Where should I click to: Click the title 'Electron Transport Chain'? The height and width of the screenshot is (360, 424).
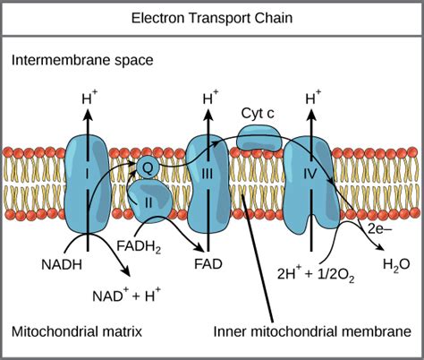tap(211, 17)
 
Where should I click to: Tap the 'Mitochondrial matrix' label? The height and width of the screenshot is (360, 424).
tap(77, 332)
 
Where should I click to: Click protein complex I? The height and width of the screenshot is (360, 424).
tap(87, 170)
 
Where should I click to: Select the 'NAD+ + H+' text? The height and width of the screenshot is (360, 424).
tap(124, 294)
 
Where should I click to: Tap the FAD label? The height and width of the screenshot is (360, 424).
tap(208, 264)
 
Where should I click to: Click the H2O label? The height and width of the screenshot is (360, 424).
tap(395, 265)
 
